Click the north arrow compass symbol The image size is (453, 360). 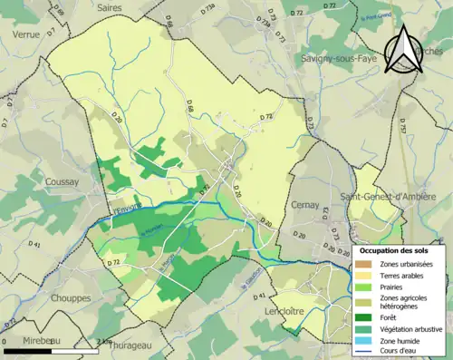click(x=405, y=49)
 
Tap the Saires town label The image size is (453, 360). click(x=109, y=7)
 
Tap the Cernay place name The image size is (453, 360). click(x=305, y=205)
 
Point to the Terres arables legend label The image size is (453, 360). click(x=405, y=275)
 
